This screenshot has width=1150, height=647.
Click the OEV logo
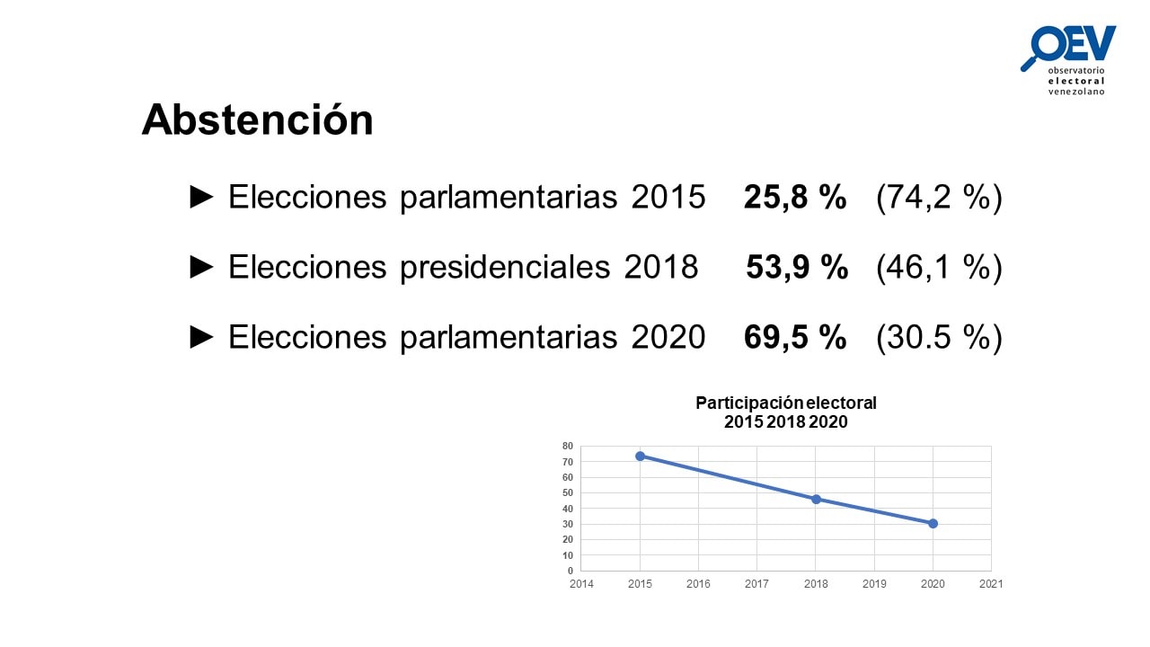[x=1068, y=60]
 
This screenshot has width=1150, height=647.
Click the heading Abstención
[x=257, y=120]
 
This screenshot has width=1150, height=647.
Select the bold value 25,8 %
[x=795, y=197]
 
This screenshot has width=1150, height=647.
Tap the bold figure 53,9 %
[x=796, y=267]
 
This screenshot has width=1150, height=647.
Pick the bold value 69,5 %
[x=795, y=337]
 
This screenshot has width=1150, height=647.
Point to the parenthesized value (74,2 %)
[x=939, y=197]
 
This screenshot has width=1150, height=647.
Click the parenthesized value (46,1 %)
[x=939, y=268]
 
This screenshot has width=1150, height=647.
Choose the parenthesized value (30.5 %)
[x=939, y=338]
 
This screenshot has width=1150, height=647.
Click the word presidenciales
[x=505, y=268]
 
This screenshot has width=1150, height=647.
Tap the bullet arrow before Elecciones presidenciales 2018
[x=201, y=267]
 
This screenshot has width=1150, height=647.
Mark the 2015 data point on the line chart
[x=640, y=456]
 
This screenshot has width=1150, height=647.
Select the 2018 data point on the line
[x=816, y=499]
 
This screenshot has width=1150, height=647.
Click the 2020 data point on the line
[x=933, y=524]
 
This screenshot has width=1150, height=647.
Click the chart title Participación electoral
[x=785, y=403]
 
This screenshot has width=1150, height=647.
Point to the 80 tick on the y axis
[x=567, y=447]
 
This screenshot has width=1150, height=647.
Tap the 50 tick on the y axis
[x=567, y=493]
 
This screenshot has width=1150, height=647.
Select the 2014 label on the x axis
[x=581, y=584]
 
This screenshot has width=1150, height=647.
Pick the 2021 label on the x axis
[x=991, y=584]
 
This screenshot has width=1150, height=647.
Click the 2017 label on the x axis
[x=756, y=584]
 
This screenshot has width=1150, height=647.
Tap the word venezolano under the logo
[x=1076, y=92]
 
